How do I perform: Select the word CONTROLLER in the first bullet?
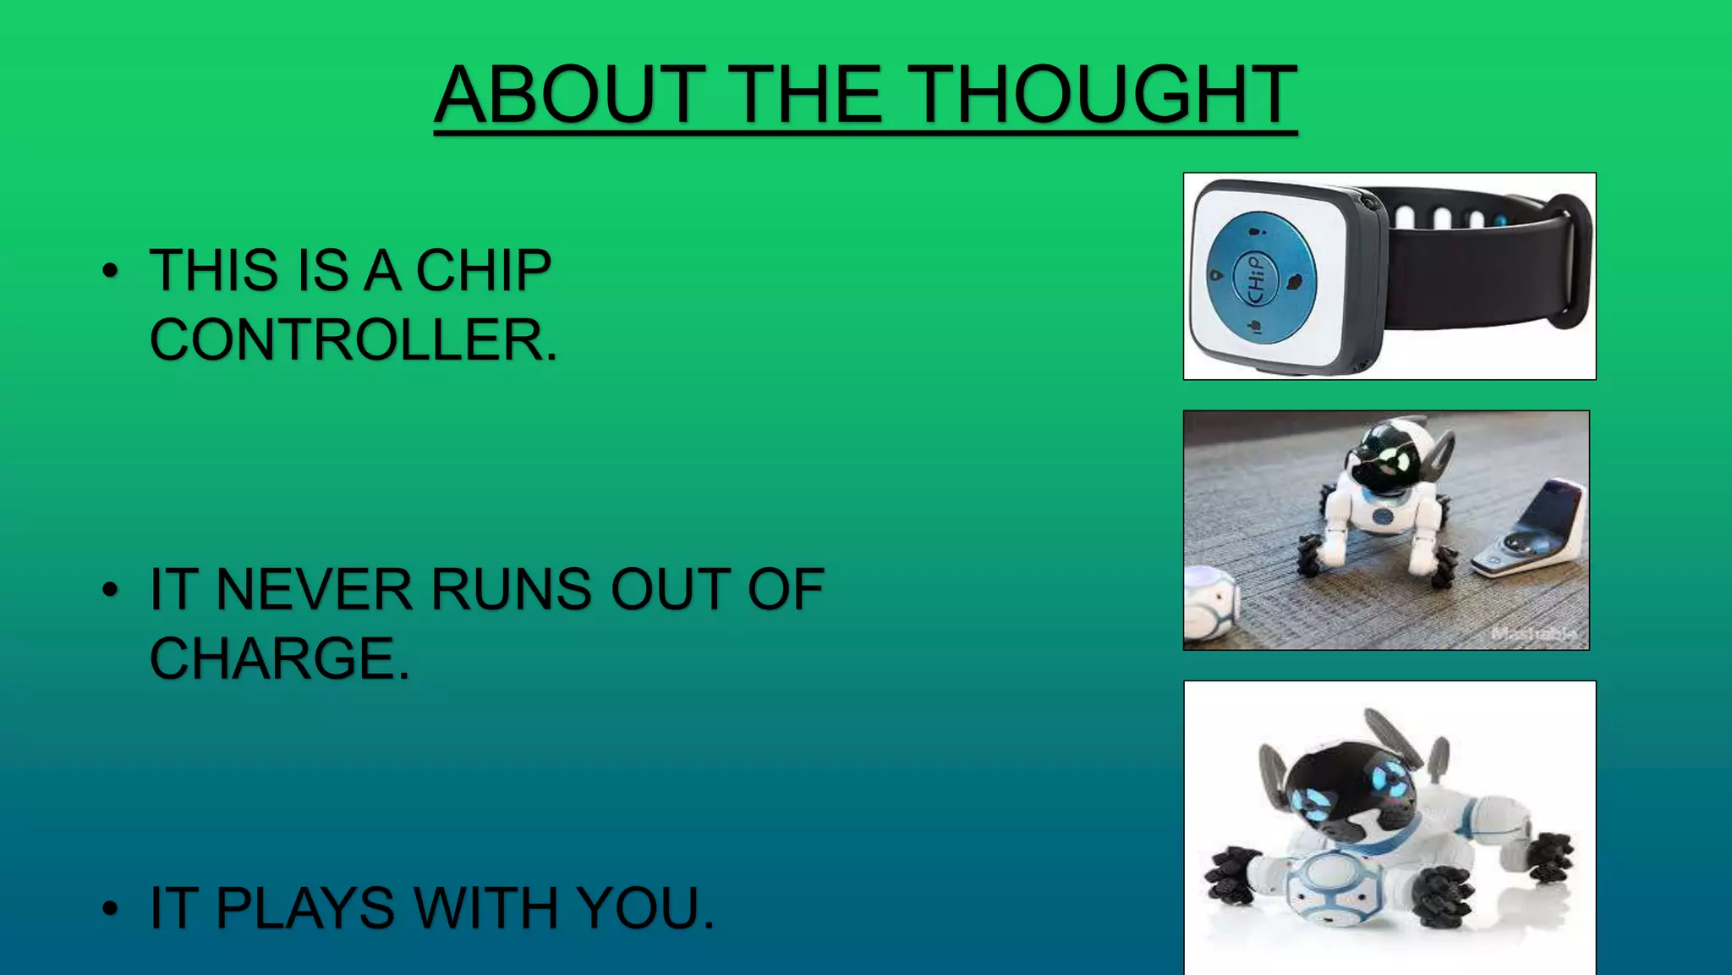[353, 340]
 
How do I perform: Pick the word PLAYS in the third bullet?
[304, 908]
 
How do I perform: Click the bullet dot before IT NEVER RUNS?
[110, 589]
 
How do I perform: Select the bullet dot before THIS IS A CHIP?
[110, 271]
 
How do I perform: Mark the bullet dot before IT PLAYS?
[110, 908]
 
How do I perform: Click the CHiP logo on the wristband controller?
[1256, 278]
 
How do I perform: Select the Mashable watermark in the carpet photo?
[1532, 633]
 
